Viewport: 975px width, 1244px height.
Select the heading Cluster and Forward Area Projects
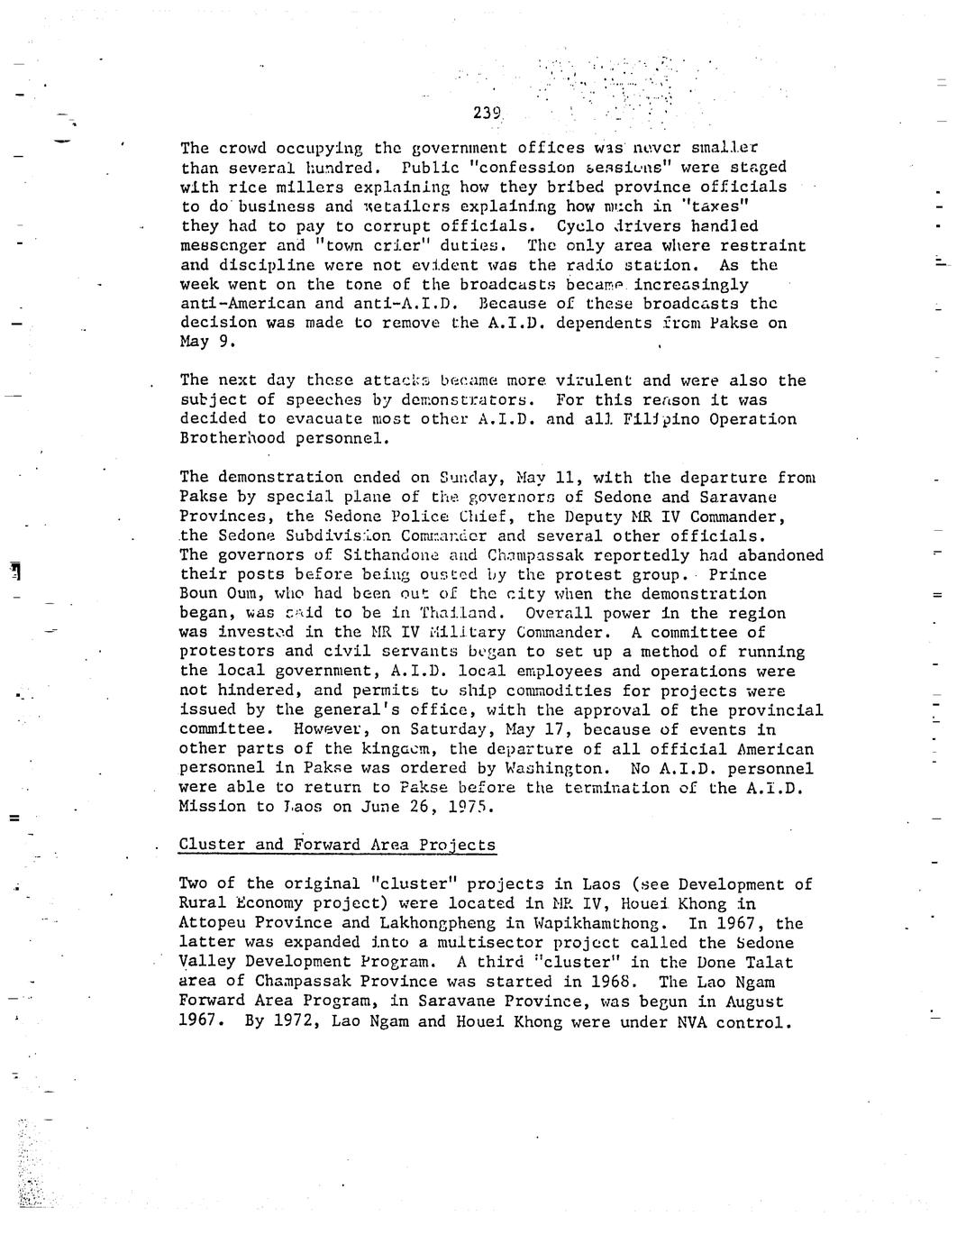pyautogui.click(x=337, y=845)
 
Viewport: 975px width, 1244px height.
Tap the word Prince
pyautogui.click(x=737, y=575)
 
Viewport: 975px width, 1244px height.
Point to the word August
pyautogui.click(x=753, y=1002)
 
